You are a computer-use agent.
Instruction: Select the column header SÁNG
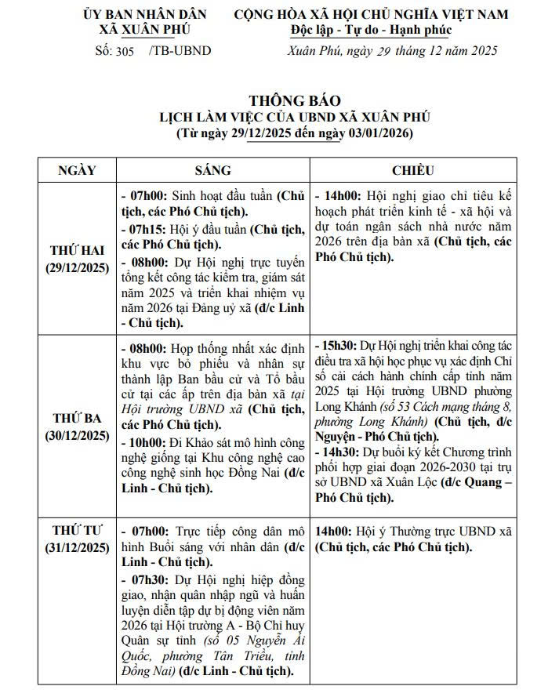[x=212, y=170]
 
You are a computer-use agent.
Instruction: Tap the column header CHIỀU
[x=412, y=170]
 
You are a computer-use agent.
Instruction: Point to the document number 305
[x=124, y=51]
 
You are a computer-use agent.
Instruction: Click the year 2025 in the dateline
[x=481, y=51]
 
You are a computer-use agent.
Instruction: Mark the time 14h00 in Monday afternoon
[x=338, y=195]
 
